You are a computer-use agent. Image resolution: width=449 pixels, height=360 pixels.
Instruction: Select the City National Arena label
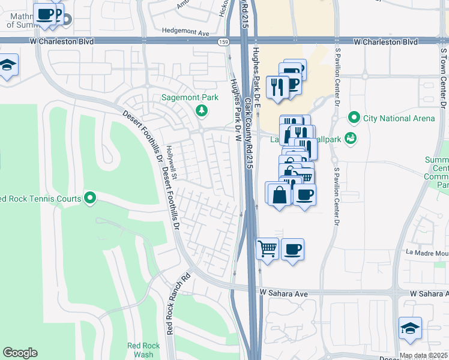[399, 118]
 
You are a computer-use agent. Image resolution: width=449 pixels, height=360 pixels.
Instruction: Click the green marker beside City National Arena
[354, 118]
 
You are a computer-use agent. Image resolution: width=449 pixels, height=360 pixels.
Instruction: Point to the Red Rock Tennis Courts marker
[90, 197]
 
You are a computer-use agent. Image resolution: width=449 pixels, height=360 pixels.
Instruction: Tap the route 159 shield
[223, 42]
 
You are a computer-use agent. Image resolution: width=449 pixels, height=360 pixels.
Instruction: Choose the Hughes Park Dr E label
[257, 78]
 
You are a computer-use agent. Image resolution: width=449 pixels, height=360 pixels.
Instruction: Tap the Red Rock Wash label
[139, 350]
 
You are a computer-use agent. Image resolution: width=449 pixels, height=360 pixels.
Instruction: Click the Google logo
[20, 353]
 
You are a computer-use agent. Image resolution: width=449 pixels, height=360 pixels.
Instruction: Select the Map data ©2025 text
[423, 355]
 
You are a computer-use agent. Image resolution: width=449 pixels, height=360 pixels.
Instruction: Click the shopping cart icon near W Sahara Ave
[267, 248]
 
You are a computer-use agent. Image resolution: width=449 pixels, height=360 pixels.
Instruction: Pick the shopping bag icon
[279, 194]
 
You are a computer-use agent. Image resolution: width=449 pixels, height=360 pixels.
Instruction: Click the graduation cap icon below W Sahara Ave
[410, 328]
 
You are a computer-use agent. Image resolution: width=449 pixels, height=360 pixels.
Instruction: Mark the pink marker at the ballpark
[351, 139]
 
